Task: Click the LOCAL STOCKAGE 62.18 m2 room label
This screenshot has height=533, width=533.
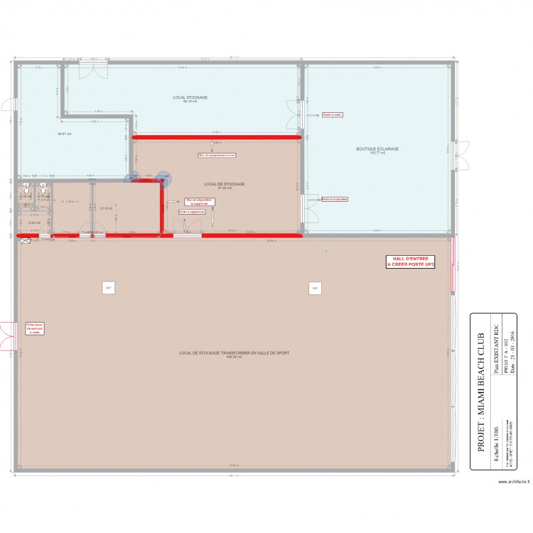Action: click(x=190, y=99)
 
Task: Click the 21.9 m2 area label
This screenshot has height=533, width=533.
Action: click(x=107, y=208)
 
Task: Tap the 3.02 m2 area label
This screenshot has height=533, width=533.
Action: click(x=33, y=222)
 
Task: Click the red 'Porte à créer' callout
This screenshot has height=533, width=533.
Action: click(x=332, y=114)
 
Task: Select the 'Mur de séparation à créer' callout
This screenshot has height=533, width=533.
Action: click(x=217, y=155)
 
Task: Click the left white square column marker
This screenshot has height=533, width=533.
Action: click(x=108, y=288)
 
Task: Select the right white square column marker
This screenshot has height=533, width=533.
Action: click(x=313, y=288)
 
